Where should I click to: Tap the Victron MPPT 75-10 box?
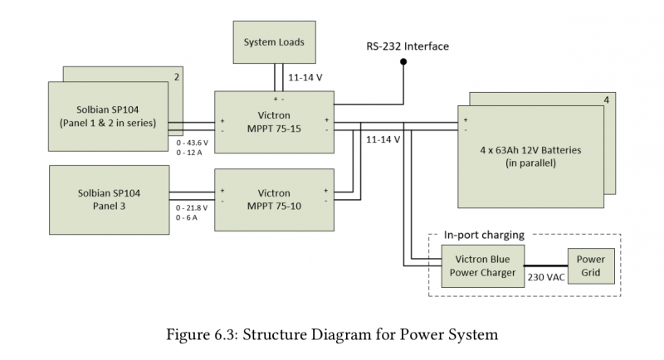(x=274, y=199)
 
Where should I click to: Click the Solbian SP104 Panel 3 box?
(x=109, y=199)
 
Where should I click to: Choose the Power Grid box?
(x=591, y=265)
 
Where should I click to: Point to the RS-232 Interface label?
(x=408, y=46)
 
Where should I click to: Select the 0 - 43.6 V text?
(x=192, y=143)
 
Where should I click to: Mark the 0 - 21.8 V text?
(x=192, y=207)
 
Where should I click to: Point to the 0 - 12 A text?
(x=190, y=153)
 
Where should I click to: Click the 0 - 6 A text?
(x=188, y=217)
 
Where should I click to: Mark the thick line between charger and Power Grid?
(x=543, y=265)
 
